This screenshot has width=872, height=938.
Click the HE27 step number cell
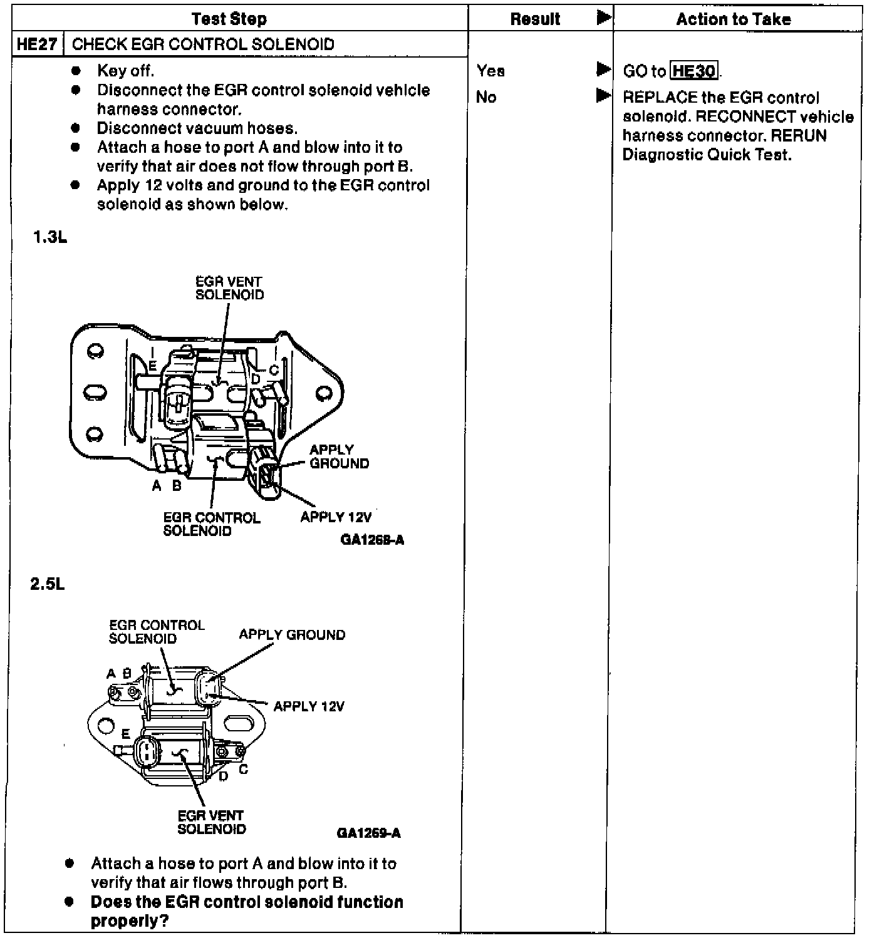pos(38,44)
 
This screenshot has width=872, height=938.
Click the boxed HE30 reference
pos(694,71)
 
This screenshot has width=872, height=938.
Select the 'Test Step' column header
pos(229,19)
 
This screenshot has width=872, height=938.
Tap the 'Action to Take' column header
pos(734,19)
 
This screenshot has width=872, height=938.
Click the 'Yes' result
pos(490,71)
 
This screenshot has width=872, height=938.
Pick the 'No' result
pos(486,97)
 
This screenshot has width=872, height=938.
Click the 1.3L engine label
pos(50,238)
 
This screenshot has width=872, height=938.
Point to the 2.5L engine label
pos(48,584)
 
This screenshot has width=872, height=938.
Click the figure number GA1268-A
pos(373,540)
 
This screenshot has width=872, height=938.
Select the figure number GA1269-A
pos(369,833)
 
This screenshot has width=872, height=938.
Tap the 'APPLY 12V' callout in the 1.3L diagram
pos(336,517)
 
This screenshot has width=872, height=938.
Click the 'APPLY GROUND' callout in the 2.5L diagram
pos(292,635)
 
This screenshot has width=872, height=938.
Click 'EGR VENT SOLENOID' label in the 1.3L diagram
pos(229,288)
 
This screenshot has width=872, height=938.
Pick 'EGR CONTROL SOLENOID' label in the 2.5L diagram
pos(157,632)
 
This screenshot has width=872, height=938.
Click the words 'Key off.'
pos(125,71)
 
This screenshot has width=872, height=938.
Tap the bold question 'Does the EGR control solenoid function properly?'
pos(247,911)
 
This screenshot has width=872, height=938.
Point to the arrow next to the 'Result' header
pos(604,18)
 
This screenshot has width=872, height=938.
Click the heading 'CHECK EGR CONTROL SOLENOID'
pos(203,44)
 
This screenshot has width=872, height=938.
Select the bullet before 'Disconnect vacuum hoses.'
pos(76,128)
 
